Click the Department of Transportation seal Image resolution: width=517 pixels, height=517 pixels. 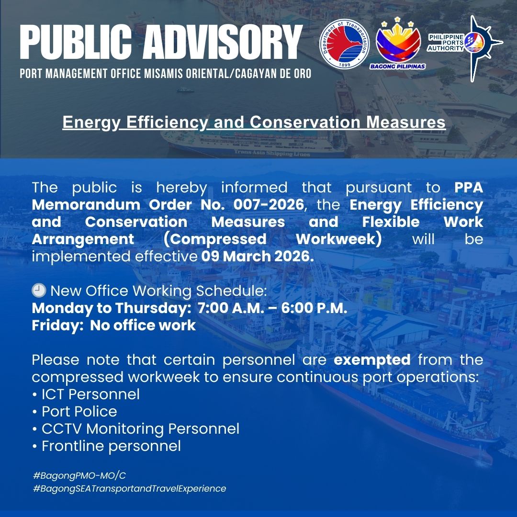click(345, 44)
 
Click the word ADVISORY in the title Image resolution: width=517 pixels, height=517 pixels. click(222, 43)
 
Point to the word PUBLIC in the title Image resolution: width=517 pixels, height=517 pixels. click(76, 43)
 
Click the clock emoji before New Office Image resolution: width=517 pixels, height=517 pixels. click(39, 291)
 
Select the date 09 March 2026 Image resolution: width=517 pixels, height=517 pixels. click(258, 256)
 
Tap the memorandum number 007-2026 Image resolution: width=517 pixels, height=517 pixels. click(269, 204)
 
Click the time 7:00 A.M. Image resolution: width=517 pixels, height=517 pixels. click(231, 308)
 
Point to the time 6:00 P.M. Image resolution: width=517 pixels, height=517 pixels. click(314, 308)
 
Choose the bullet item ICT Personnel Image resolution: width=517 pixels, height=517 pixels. click(86, 394)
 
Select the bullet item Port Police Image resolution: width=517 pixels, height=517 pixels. click(75, 412)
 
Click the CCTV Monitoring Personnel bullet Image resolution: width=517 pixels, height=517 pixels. click(136, 429)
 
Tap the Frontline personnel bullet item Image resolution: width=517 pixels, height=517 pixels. click(106, 446)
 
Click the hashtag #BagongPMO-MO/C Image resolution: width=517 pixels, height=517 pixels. click(79, 475)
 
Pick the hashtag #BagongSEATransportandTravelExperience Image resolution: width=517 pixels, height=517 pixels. click(130, 488)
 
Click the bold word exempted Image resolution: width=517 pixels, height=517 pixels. click(372, 360)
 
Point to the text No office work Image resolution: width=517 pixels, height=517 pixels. click(143, 325)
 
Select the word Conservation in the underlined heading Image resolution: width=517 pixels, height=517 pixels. click(305, 122)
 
